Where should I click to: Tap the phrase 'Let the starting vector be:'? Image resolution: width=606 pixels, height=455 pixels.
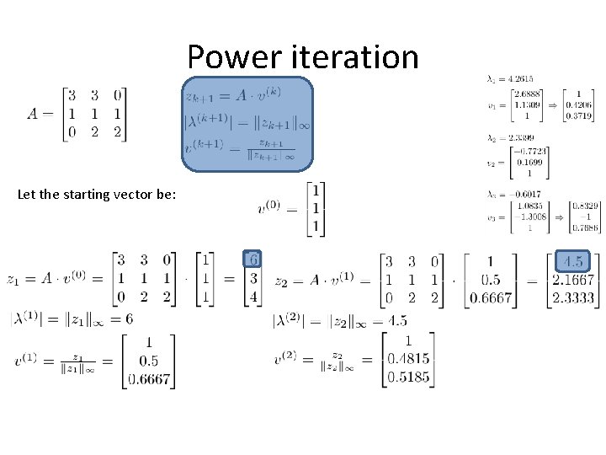point(97,195)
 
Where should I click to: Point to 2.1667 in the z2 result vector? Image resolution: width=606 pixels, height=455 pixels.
point(573,280)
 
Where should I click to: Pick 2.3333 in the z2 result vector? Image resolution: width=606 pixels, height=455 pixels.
point(573,297)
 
